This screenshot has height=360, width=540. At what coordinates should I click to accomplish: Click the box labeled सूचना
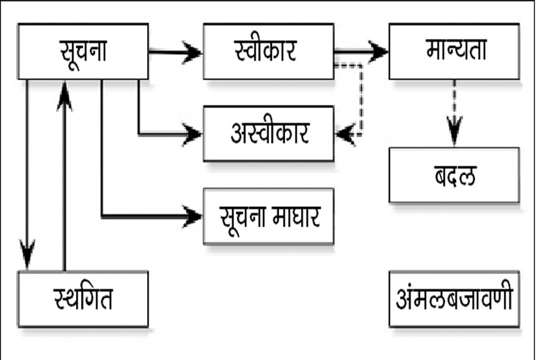coord(83,51)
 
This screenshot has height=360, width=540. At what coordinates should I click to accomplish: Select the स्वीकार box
coord(268,51)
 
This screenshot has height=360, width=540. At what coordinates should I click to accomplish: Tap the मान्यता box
coord(454,51)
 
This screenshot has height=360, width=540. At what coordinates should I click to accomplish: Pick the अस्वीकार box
coord(268,134)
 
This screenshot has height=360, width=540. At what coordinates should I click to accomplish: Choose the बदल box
coord(454,174)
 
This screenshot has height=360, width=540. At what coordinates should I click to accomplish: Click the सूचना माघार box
coord(268,216)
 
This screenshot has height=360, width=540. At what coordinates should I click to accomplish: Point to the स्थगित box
coord(83,299)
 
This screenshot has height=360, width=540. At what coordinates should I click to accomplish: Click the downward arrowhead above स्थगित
coord(27,254)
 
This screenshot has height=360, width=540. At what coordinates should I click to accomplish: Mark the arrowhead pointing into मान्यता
coord(378,52)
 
